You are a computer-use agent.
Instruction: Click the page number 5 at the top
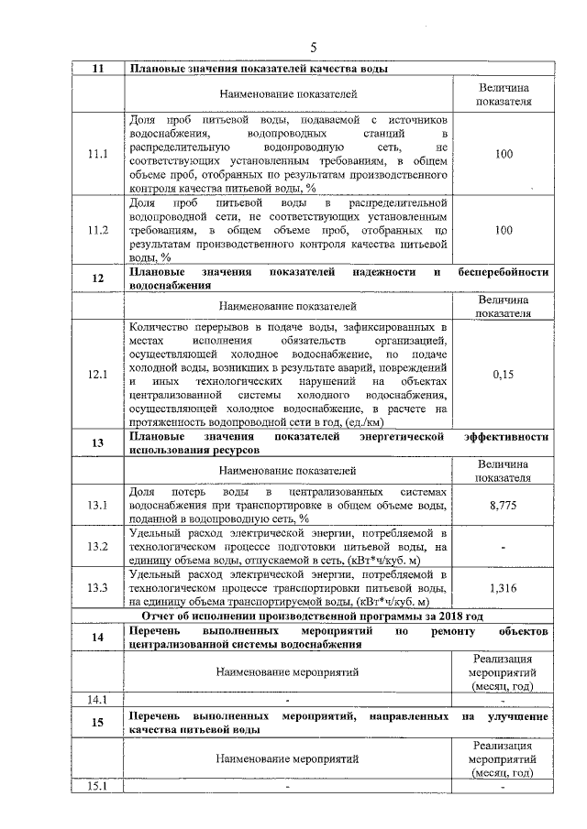click(313, 48)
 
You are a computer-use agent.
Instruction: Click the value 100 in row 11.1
click(503, 155)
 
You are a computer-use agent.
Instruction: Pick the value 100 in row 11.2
click(503, 231)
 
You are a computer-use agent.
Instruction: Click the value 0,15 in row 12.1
click(503, 375)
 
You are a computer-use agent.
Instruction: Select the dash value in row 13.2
click(503, 547)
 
